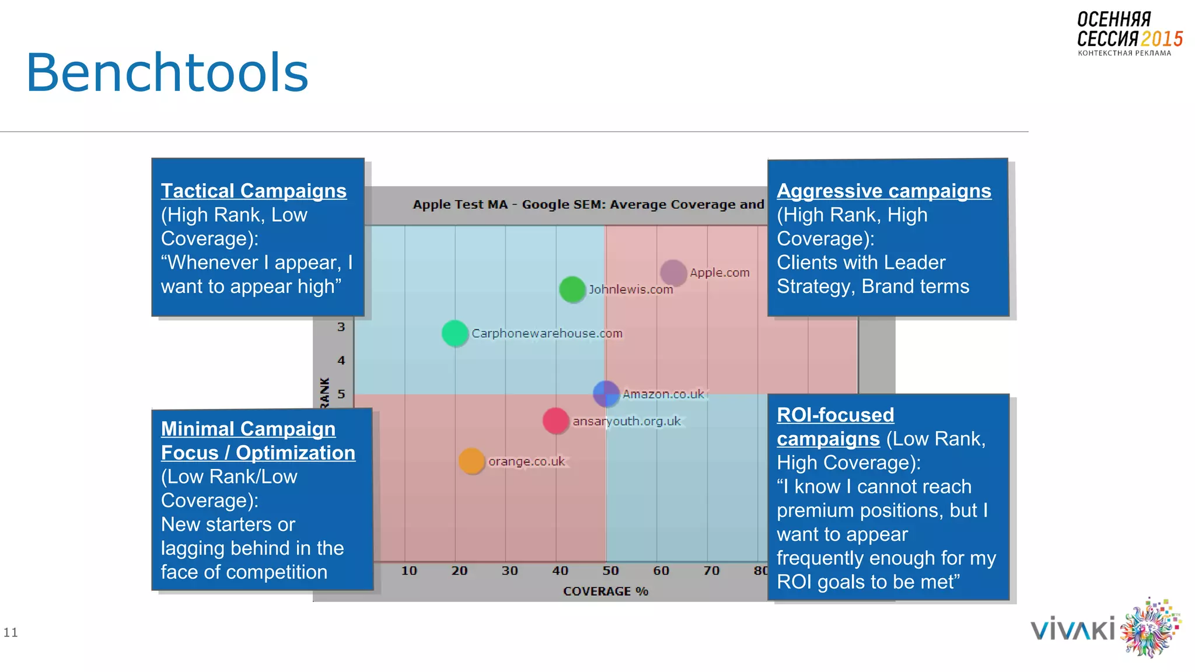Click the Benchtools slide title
click(167, 73)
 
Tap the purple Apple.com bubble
click(673, 272)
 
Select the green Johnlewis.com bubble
click(572, 289)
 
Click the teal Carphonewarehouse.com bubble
click(455, 333)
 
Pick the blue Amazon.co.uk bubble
click(606, 394)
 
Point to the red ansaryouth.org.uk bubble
click(555, 421)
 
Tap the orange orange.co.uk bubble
click(471, 461)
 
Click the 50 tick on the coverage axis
click(610, 570)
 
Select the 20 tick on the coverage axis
click(459, 570)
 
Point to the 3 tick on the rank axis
click(341, 327)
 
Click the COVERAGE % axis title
click(605, 591)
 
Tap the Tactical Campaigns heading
click(253, 191)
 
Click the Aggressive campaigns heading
click(883, 191)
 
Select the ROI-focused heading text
click(835, 415)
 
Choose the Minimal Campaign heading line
click(248, 429)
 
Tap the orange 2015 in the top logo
click(1161, 39)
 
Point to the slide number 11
click(11, 632)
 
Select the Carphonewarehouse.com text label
click(547, 333)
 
